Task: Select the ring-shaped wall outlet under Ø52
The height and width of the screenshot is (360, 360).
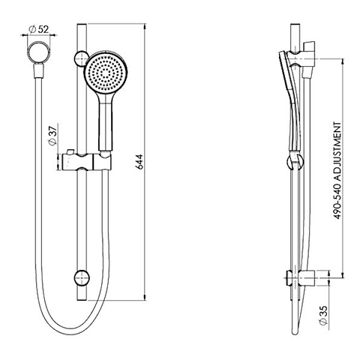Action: (x=36, y=54)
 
